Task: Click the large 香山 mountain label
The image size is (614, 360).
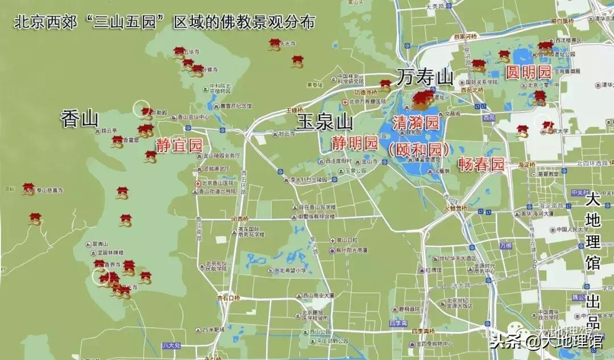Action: pyautogui.click(x=80, y=119)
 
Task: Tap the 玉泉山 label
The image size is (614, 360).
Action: pyautogui.click(x=325, y=122)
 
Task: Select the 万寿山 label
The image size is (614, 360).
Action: pyautogui.click(x=425, y=76)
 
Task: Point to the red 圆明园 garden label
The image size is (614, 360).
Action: pyautogui.click(x=529, y=72)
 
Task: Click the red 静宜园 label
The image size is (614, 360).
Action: pyautogui.click(x=180, y=146)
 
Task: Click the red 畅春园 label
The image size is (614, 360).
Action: pyautogui.click(x=482, y=164)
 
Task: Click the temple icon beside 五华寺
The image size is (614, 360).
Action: pyautogui.click(x=179, y=53)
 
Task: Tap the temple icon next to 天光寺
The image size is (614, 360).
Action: pyautogui.click(x=275, y=44)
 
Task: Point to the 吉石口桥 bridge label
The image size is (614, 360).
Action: pyautogui.click(x=229, y=297)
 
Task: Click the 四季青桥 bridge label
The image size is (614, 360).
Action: pyautogui.click(x=423, y=331)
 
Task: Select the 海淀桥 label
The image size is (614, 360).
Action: pyautogui.click(x=527, y=164)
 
